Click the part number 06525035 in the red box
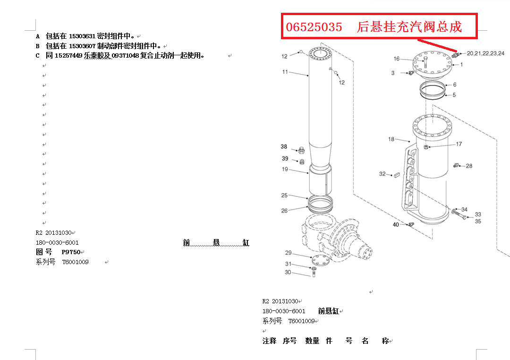coord(314,27)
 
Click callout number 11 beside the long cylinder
coord(285,72)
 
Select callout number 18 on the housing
coord(391,139)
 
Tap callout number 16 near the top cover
coord(397,59)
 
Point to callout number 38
coord(284,147)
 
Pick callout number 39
coord(285,159)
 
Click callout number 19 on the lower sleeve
coord(285,170)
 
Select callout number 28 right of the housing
coord(469,166)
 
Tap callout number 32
coord(382,174)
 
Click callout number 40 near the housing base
coord(396,225)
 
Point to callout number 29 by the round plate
coord(288,253)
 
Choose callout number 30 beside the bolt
coord(288,273)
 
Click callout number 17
coord(459,144)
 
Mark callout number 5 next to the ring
coord(454,95)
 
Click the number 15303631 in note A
coord(82,36)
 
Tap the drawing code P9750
coord(71,252)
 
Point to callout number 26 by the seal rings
coord(284,211)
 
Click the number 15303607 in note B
coord(82,46)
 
